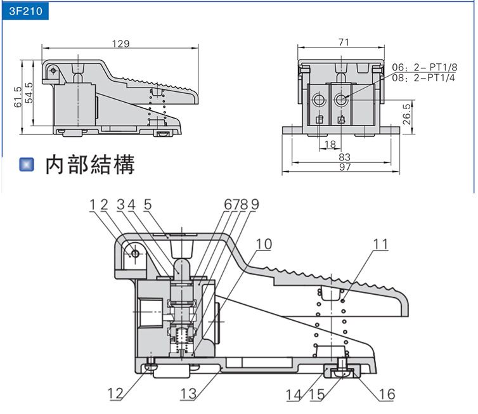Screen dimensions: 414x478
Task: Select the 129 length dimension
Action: [120, 44]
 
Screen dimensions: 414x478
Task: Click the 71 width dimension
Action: [343, 42]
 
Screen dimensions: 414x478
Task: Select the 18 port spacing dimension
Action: [330, 145]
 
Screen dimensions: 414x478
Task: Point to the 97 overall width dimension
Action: [344, 167]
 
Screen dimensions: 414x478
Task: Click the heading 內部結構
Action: [89, 165]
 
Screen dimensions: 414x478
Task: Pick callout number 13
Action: [188, 394]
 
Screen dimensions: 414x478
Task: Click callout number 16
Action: [386, 394]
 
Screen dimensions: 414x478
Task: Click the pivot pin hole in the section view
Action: [134, 254]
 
